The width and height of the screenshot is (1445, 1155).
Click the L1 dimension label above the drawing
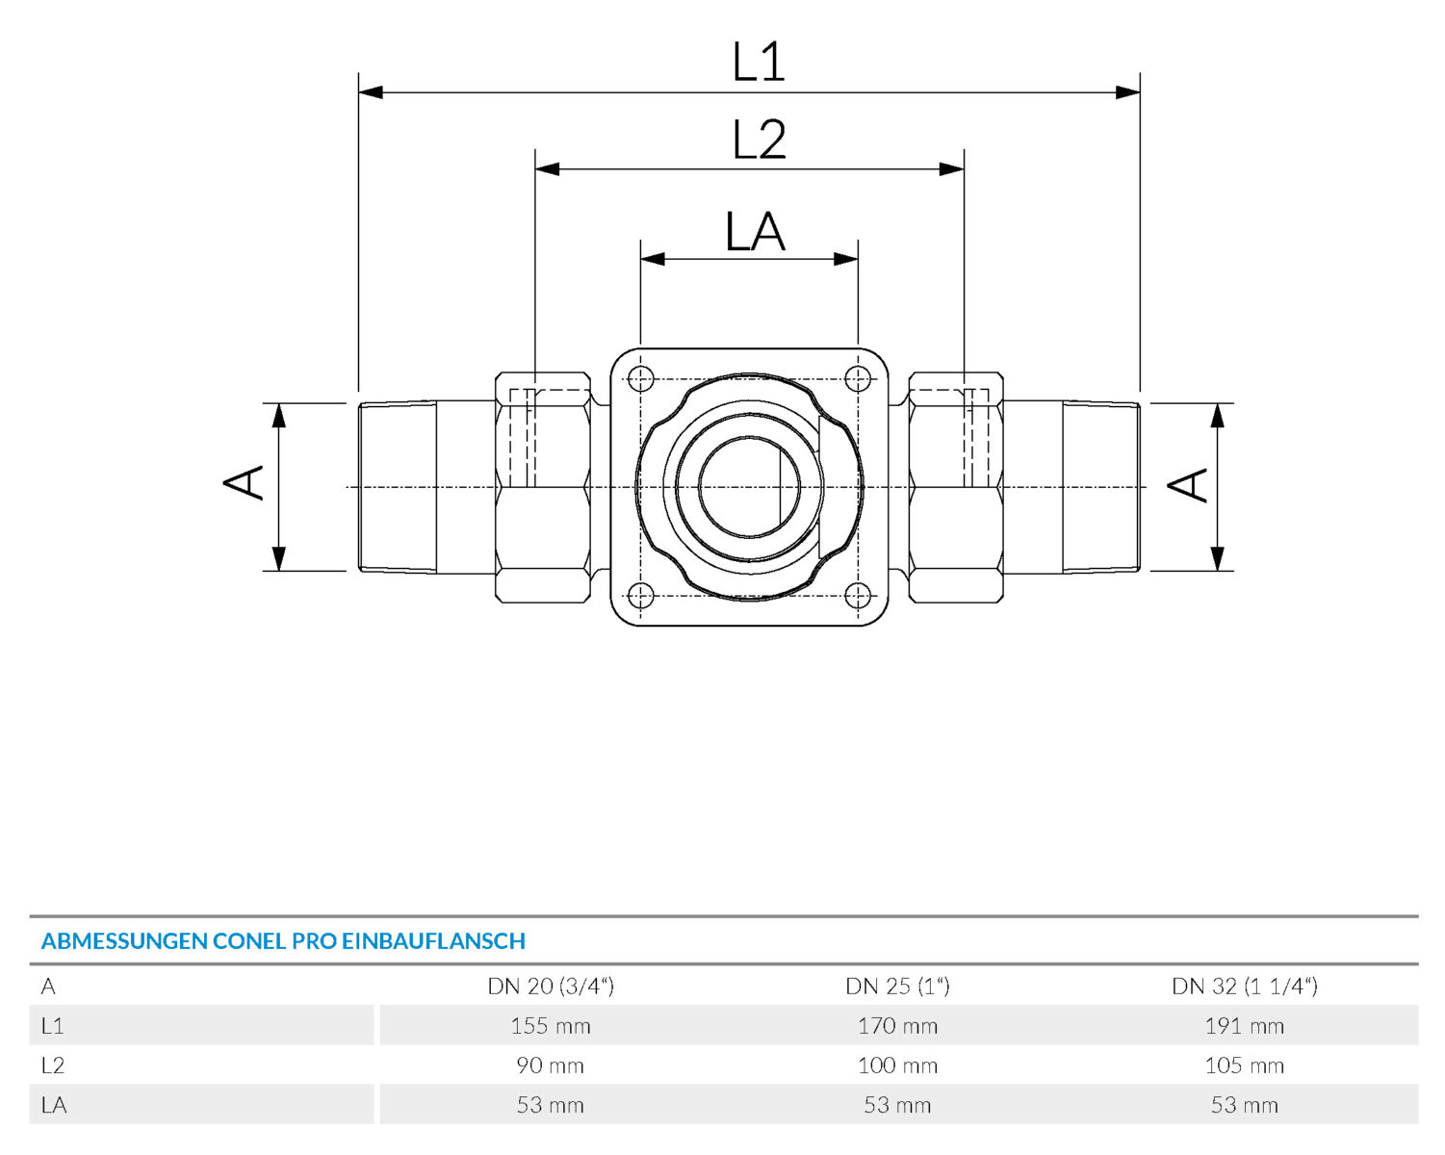[x=758, y=62]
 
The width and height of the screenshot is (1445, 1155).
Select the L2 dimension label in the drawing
[x=759, y=140]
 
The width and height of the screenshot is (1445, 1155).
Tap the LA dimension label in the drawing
[x=756, y=232]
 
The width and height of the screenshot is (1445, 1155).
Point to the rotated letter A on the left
[x=243, y=482]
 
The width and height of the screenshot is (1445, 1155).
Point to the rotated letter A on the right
[x=1187, y=485]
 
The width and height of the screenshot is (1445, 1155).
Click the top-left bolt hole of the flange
[x=641, y=379]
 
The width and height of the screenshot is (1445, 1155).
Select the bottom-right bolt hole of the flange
[x=858, y=595]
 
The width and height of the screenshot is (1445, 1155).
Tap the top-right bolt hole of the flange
[x=858, y=379]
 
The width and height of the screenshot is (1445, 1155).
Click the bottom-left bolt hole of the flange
[x=641, y=595]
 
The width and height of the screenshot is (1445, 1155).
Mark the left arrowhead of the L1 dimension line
[x=371, y=92]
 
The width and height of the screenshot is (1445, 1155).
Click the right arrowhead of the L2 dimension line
[x=951, y=169]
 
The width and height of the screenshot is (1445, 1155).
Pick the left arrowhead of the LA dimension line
[x=653, y=259]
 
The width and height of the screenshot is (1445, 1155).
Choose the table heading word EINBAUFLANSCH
[x=433, y=940]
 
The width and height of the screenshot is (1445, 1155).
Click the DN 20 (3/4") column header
[x=551, y=986]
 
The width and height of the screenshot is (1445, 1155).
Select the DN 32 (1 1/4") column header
[x=1244, y=986]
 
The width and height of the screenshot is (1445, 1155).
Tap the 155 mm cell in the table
[x=551, y=1026]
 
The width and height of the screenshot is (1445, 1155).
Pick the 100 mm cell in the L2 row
[x=898, y=1065]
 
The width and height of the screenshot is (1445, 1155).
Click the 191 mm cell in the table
[x=1244, y=1026]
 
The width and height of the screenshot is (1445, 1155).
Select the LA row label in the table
[x=54, y=1105]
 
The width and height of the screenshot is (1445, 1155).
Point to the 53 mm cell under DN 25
[x=898, y=1105]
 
